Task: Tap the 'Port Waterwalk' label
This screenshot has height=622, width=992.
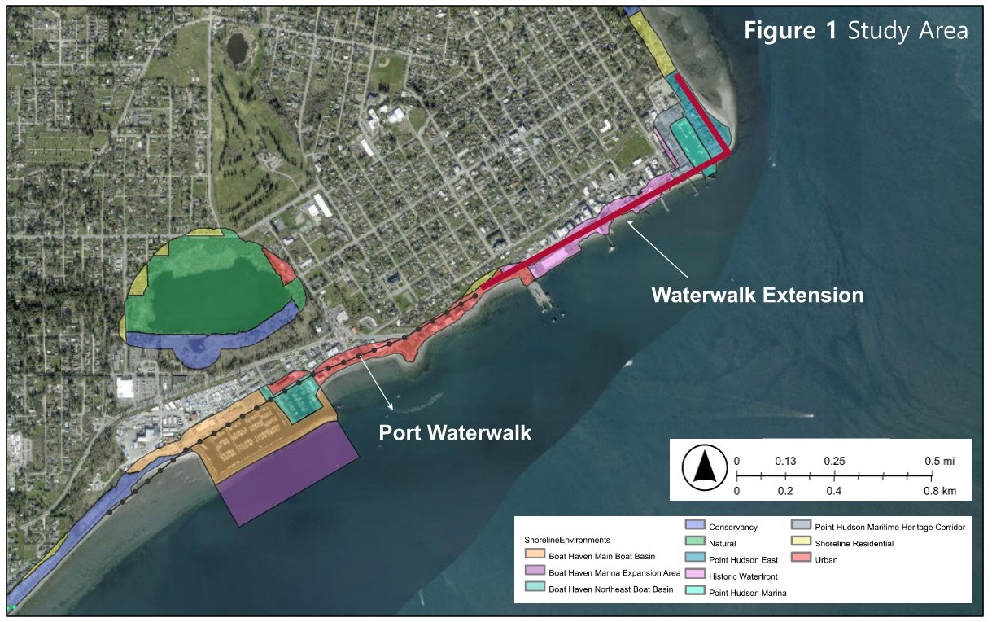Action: [455, 433]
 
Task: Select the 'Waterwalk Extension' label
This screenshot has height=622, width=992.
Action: [757, 295]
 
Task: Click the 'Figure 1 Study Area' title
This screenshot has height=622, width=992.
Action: [855, 31]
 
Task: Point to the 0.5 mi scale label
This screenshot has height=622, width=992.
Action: [938, 461]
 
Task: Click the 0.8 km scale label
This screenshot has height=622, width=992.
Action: [938, 491]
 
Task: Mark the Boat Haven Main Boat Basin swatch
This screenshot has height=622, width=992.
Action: [535, 556]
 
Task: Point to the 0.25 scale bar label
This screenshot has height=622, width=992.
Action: [834, 461]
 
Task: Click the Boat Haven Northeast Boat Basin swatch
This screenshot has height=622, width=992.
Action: [535, 589]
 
